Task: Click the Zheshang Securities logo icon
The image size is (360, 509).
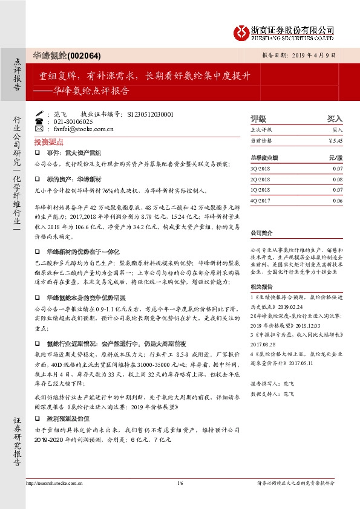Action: coord(243,31)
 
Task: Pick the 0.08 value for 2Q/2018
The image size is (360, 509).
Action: coord(338,180)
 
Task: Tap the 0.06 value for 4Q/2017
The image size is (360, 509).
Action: coord(338,199)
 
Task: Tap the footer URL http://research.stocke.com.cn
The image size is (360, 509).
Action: coord(53,499)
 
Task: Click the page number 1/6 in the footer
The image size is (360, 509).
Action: coord(180,499)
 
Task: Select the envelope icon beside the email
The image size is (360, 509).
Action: coord(40,129)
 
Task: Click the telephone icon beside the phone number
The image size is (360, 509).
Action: coord(40,122)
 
